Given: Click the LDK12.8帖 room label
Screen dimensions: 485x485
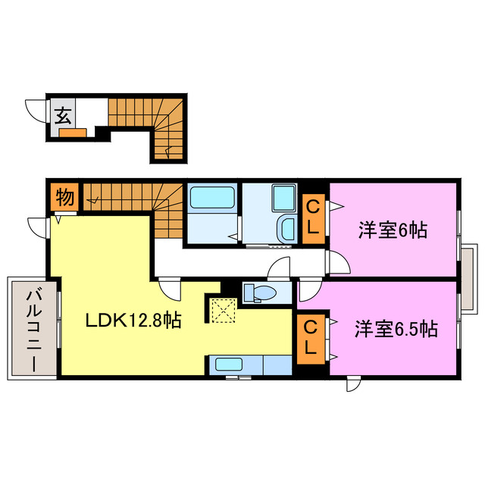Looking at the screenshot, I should click(133, 321).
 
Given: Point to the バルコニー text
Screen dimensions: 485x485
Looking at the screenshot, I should click(33, 330).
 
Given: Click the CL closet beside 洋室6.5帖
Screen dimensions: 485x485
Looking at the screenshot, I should click(310, 338).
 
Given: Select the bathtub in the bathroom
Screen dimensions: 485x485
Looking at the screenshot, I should click(211, 199).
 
